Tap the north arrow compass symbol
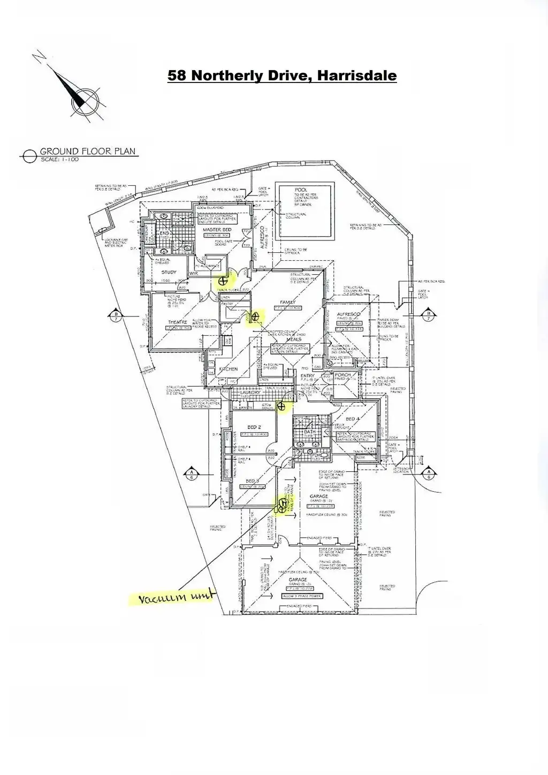(81, 99)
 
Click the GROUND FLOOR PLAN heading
(88, 152)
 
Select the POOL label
(301, 190)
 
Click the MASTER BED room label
(217, 229)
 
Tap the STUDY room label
(169, 272)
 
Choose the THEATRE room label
(177, 322)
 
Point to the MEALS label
(293, 339)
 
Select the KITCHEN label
(228, 369)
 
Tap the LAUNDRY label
(250, 393)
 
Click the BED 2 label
(254, 427)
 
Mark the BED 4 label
(354, 419)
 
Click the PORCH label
(342, 374)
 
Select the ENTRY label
(307, 375)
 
